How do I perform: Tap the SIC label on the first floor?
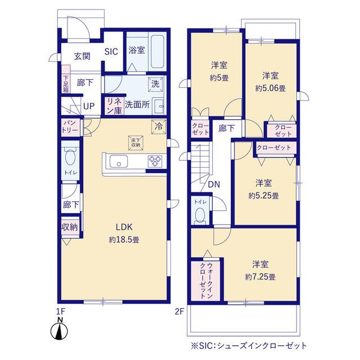111,51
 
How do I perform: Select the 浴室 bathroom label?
136,49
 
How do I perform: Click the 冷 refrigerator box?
158,127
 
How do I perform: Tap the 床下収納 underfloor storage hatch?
135,142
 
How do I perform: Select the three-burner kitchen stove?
155,161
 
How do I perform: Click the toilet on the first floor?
70,157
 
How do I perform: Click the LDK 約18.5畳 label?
124,233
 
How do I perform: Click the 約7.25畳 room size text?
260,277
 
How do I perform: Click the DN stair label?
214,184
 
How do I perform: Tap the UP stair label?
89,105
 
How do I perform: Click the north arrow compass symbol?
60,330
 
